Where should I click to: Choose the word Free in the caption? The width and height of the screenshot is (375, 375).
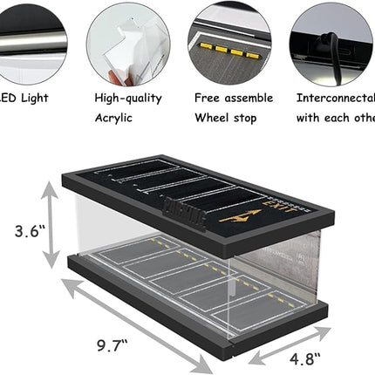(x=208, y=99)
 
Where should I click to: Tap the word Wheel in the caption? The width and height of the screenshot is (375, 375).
(x=213, y=119)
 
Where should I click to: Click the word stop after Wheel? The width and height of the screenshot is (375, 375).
(x=250, y=119)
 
